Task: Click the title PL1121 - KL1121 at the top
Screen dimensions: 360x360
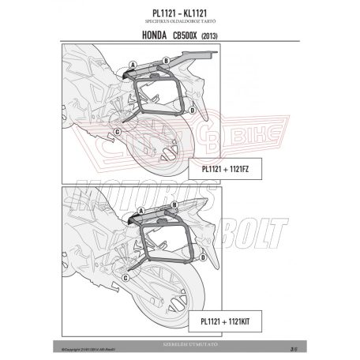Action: (179, 13)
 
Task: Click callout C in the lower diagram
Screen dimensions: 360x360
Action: (118, 283)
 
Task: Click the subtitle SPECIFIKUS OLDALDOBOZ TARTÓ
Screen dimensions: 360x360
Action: (179, 22)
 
